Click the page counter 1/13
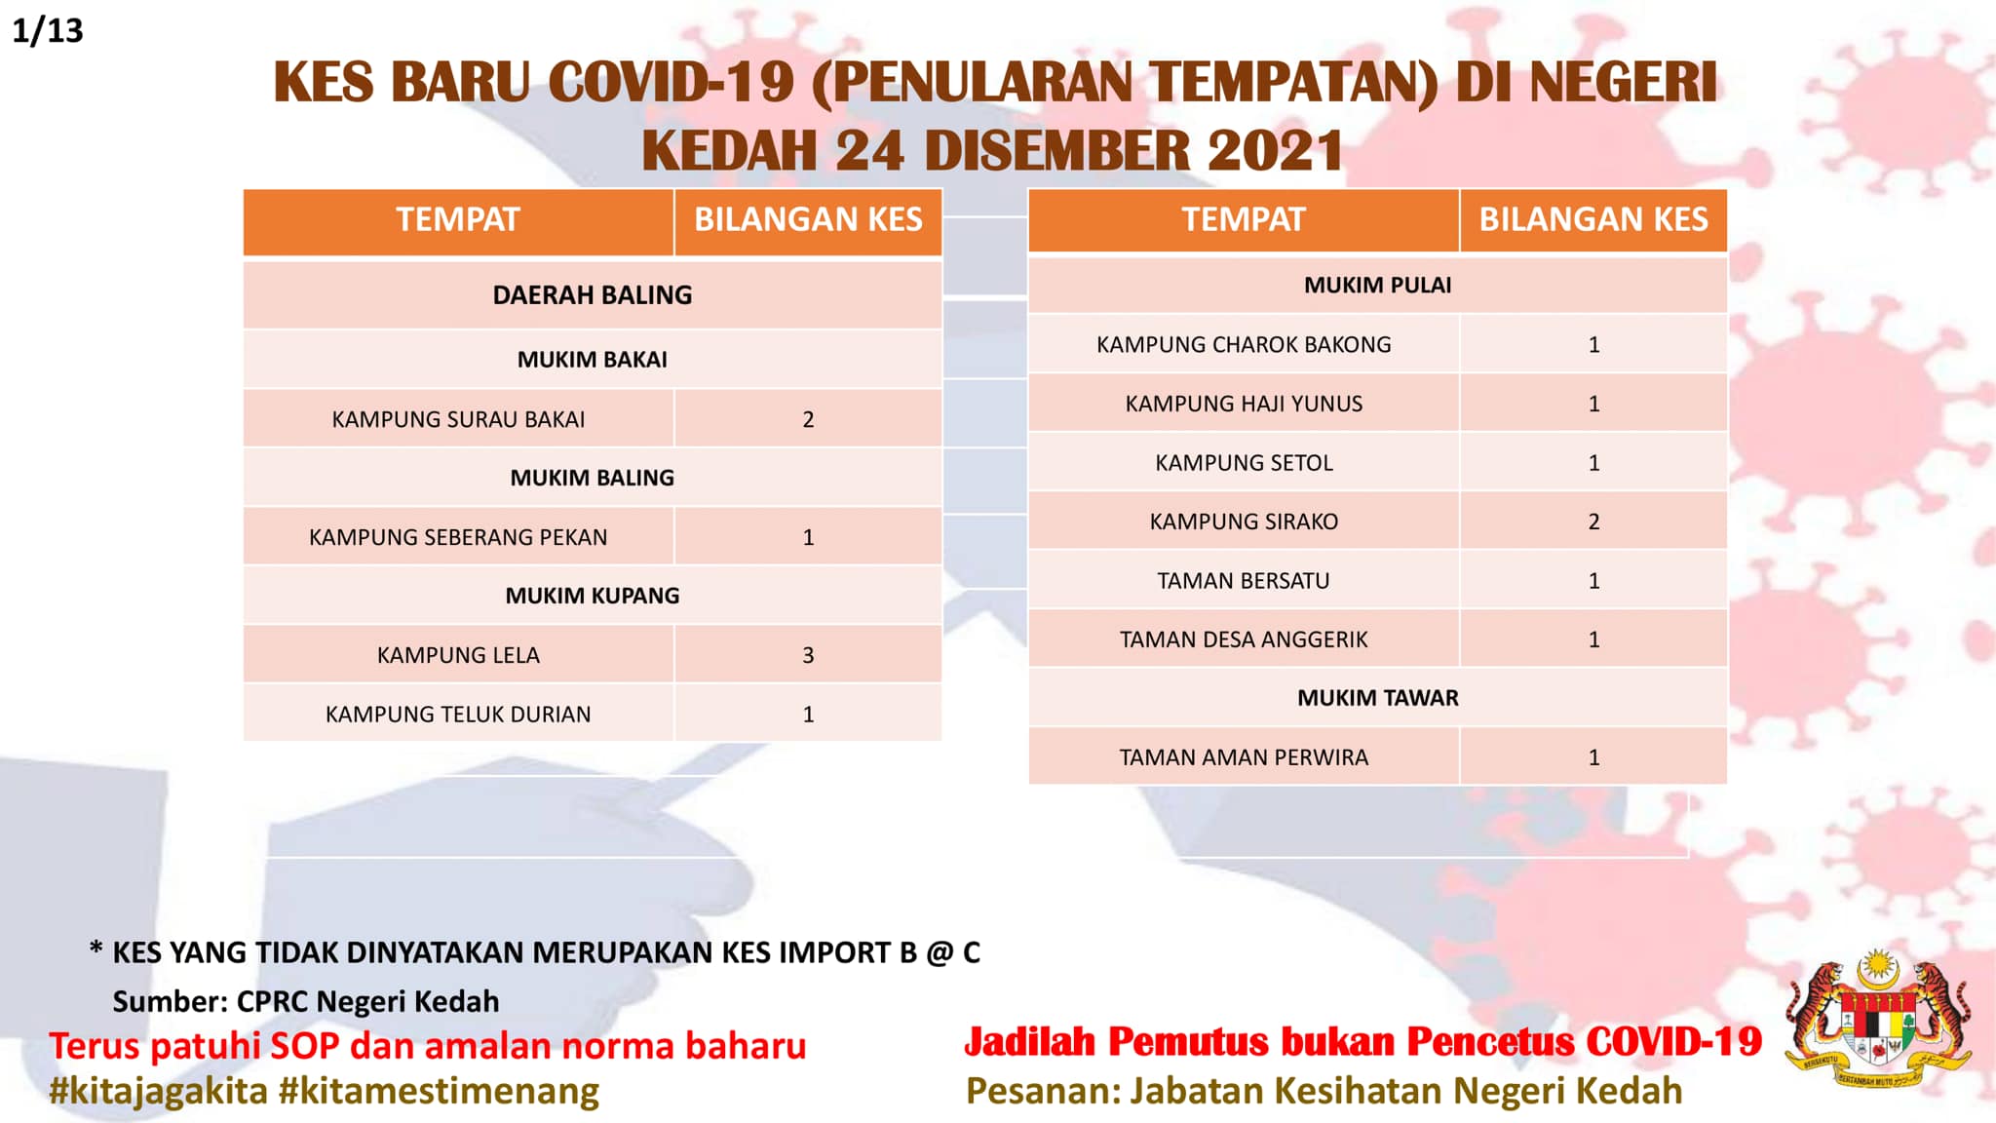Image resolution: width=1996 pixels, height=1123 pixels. pos(48,31)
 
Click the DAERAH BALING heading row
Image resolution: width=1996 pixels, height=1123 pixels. pos(593,294)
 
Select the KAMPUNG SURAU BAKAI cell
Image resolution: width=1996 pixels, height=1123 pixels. pos(458,419)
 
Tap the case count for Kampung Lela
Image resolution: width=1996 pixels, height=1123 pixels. pos(808,655)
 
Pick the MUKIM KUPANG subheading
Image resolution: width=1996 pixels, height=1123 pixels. pos(593,596)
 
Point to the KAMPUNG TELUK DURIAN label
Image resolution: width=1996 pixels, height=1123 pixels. pos(458,715)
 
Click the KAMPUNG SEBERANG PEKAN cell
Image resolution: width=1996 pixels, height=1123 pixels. pos(458,537)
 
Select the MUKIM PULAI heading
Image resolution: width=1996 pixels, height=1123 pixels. pos(1378,285)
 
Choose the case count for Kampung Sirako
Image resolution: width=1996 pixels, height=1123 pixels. pos(1593,522)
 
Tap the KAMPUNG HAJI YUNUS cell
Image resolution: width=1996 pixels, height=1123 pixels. pos(1244,404)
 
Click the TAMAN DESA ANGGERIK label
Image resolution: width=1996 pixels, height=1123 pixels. pos(1244,639)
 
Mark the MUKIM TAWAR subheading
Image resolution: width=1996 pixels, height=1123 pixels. pos(1378,698)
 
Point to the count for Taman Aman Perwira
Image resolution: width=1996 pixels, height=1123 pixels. pos(1593,757)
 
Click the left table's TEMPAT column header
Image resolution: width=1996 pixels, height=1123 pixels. pos(458,219)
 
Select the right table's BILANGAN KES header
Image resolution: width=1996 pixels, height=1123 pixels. pos(1593,219)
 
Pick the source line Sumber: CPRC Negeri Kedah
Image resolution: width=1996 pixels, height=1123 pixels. pos(305,1001)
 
